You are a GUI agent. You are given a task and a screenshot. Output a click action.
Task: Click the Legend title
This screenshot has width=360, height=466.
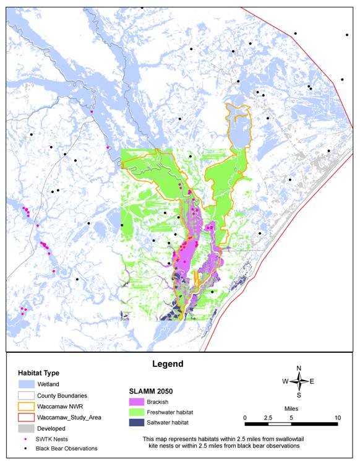tap(167, 364)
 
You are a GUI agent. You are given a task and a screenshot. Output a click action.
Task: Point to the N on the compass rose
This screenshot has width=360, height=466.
tap(299, 368)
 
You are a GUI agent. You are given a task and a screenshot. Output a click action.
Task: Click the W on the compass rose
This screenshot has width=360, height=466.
tap(285, 382)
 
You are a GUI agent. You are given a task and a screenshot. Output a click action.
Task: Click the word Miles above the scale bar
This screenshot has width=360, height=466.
tap(291, 410)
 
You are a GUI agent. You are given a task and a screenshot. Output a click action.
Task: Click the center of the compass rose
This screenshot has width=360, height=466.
tap(299, 381)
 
